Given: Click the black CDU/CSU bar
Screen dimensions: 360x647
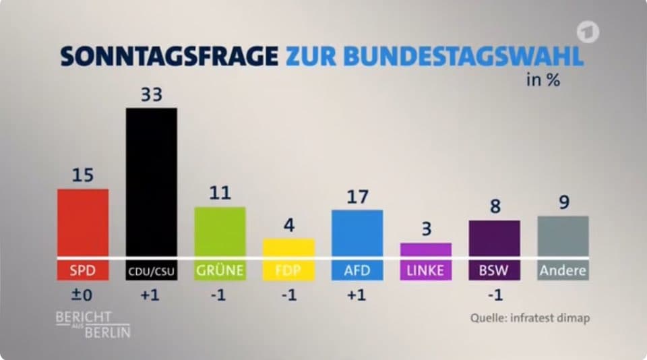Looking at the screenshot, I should [152, 182].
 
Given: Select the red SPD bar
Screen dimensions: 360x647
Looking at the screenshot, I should [83, 222].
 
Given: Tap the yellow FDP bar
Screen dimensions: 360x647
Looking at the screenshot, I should [288, 247].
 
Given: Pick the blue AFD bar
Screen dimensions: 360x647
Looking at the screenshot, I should [357, 233].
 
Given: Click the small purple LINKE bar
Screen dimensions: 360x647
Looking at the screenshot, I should [426, 249].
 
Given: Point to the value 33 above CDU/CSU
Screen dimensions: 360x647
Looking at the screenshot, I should [152, 95].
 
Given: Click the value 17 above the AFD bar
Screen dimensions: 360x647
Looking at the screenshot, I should [357, 197].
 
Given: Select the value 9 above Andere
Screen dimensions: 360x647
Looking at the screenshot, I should [563, 202].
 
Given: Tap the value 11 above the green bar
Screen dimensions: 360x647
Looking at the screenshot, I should [220, 193].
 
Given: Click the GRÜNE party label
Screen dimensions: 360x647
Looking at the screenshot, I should [220, 271].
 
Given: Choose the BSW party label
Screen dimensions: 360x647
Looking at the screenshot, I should [494, 271].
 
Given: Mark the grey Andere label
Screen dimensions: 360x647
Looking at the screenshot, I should [563, 271].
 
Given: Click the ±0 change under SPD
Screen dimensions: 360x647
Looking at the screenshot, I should [82, 296].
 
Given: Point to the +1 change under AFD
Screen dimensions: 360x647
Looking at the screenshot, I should [357, 296].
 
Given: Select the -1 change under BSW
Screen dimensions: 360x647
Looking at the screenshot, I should [494, 296].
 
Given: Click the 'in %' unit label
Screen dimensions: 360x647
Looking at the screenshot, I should [543, 80].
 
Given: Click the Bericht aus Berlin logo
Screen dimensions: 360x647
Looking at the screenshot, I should [93, 324].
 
